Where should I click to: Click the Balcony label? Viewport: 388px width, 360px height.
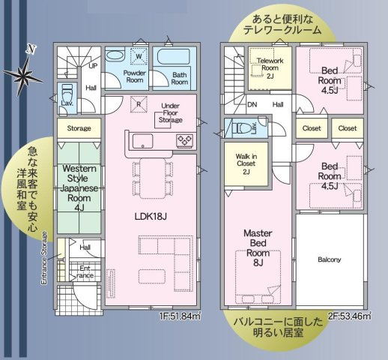tap(330, 259)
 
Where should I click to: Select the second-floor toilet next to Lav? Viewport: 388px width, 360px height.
tap(240, 128)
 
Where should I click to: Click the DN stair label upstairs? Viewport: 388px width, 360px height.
tap(252, 105)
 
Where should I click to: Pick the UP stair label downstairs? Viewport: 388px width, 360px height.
tap(94, 66)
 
